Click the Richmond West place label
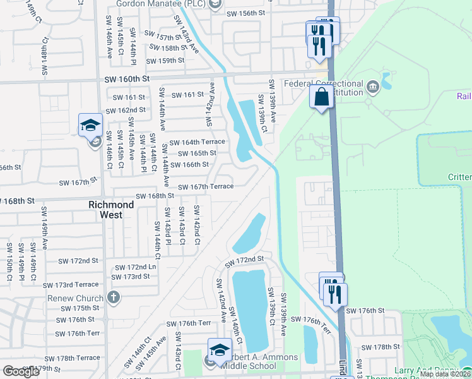(x=111, y=210)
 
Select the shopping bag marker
(x=322, y=98)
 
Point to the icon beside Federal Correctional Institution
(x=372, y=85)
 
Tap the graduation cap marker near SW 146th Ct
(x=90, y=124)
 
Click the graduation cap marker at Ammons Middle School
(x=219, y=349)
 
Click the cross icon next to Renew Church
(x=113, y=297)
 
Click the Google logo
(x=21, y=371)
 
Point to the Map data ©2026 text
(x=445, y=374)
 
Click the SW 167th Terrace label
(x=206, y=186)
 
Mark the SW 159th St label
(x=165, y=61)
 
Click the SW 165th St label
(x=197, y=153)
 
